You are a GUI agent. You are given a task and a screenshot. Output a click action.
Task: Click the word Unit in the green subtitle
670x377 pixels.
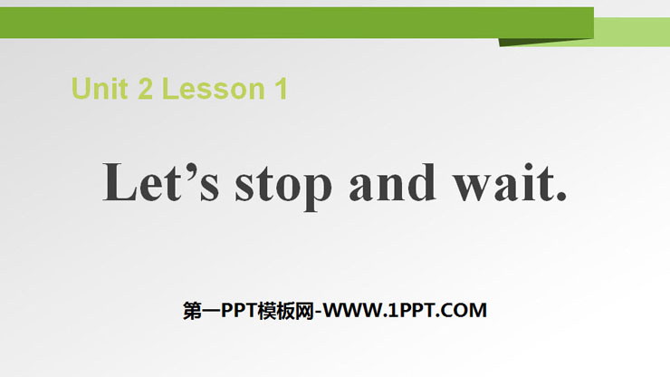[x=100, y=89]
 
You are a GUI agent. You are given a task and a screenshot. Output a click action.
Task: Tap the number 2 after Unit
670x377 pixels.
[x=145, y=89]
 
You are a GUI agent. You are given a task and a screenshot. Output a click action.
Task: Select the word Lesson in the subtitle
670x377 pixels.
[x=214, y=89]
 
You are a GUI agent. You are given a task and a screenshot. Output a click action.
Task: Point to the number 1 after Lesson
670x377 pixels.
[x=282, y=89]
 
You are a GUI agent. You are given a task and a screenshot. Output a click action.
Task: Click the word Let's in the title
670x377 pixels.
[x=160, y=182]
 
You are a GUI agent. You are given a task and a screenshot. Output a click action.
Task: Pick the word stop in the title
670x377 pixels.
[x=283, y=186]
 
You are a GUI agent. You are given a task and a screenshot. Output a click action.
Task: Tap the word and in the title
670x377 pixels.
[x=393, y=182]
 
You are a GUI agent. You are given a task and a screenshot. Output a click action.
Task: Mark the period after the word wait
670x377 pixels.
[x=560, y=196]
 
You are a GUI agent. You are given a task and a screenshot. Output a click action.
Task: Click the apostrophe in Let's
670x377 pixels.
[x=191, y=170]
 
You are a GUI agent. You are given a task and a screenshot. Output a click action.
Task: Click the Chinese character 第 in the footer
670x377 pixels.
[x=192, y=311]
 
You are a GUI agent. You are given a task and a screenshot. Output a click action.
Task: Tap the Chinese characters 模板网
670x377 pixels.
[x=286, y=311]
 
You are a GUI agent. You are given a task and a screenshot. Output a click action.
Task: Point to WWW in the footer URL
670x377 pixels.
[x=353, y=311]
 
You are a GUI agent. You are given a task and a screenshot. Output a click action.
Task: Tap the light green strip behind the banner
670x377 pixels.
[x=632, y=32]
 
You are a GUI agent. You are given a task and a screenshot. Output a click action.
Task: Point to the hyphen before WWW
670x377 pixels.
[x=319, y=313]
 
